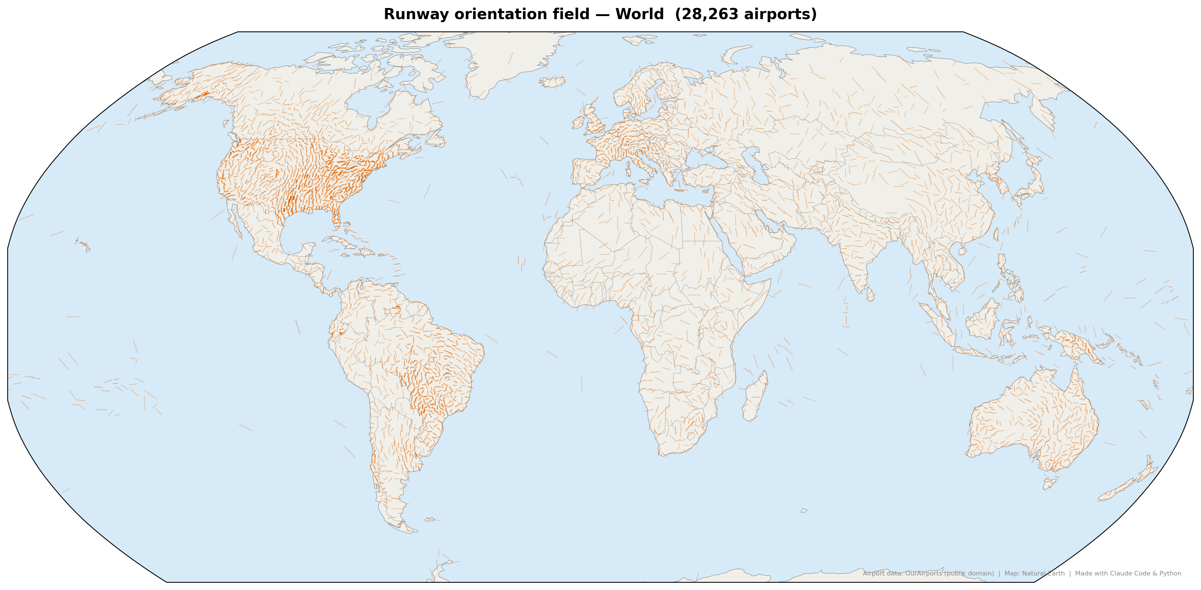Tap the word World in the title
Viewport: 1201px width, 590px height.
[639, 14]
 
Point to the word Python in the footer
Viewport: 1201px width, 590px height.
[1171, 573]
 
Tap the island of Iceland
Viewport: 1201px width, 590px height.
[552, 82]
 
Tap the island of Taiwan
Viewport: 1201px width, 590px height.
[996, 234]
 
